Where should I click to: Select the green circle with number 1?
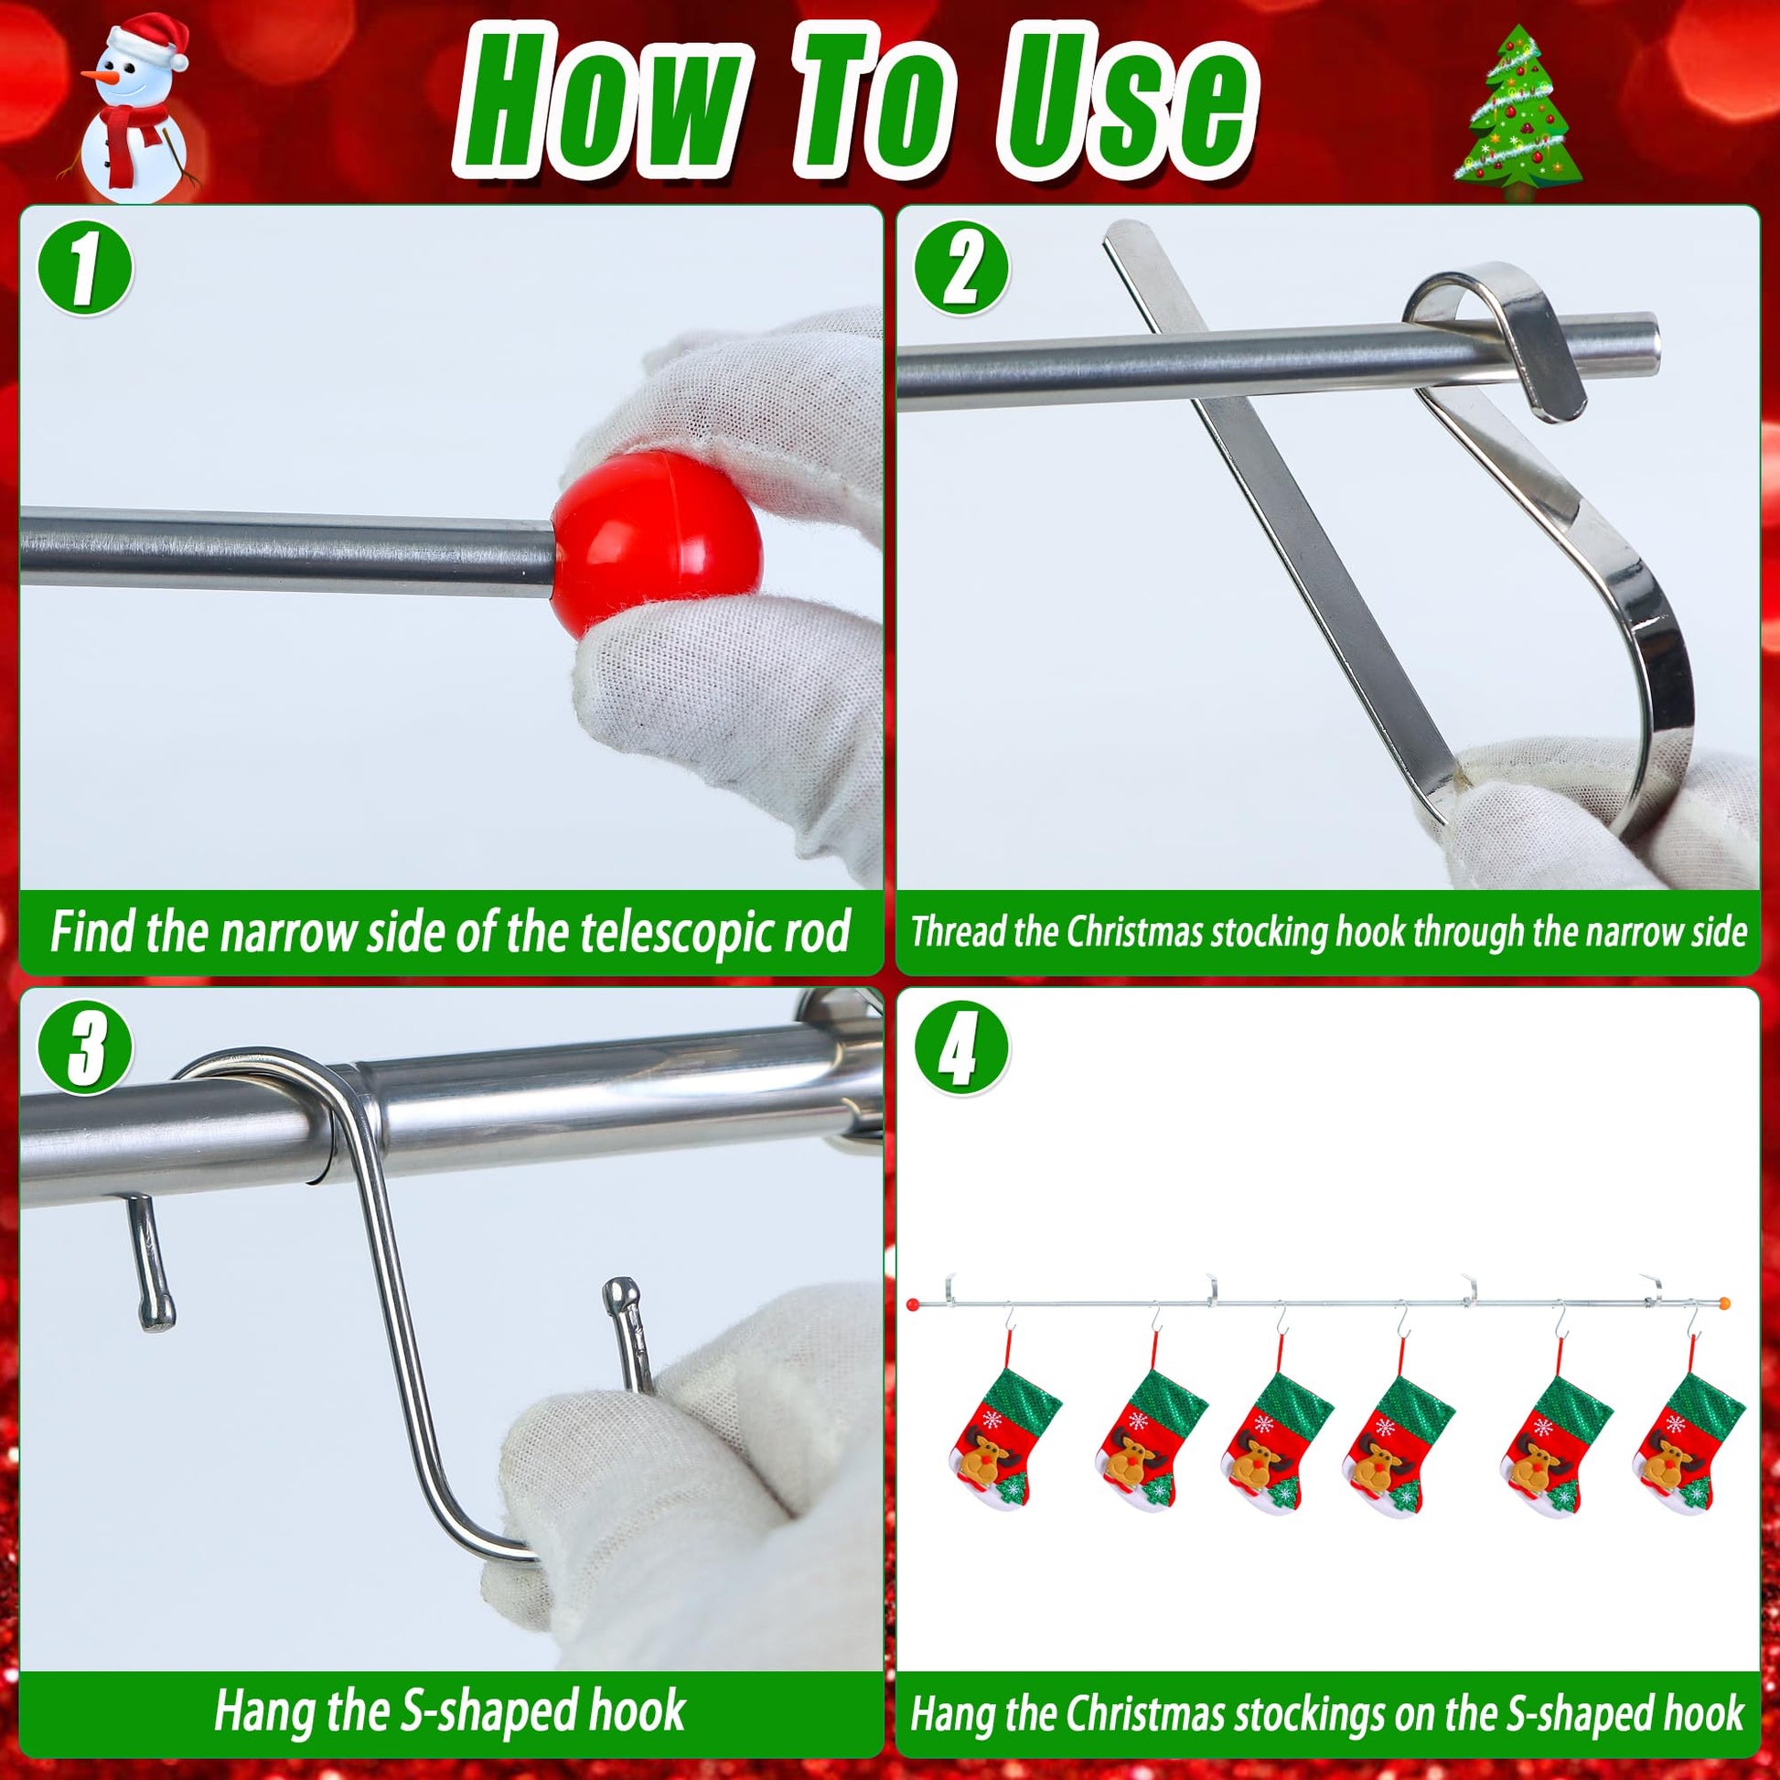tap(85, 267)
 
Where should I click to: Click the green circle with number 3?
tap(85, 1050)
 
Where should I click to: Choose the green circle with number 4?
tap(962, 1050)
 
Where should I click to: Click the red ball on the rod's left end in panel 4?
tap(913, 1305)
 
